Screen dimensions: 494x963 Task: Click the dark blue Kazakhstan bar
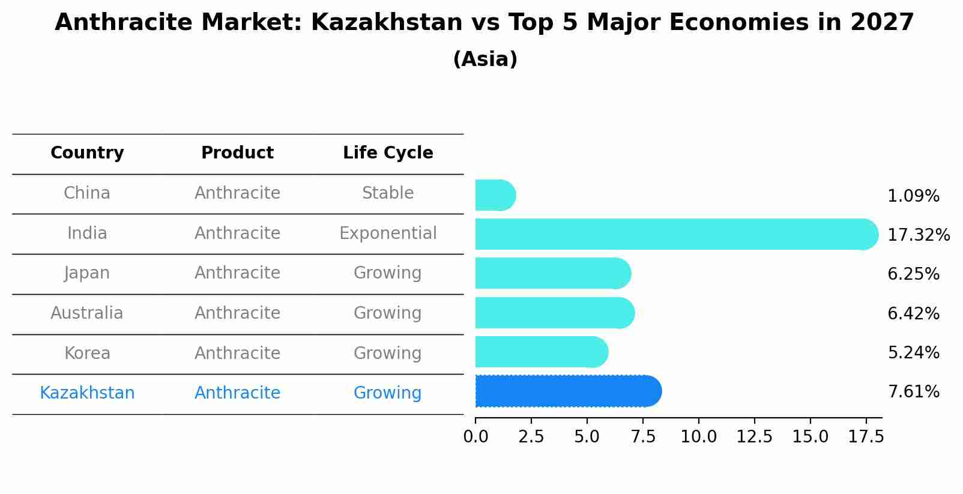(567, 391)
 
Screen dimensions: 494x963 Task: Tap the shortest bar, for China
(495, 195)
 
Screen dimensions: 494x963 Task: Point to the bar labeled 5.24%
(541, 352)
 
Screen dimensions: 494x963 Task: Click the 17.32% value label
(918, 235)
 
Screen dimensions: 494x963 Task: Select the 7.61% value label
(913, 392)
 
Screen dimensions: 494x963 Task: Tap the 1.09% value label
(913, 196)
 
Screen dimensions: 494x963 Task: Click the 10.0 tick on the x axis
(698, 437)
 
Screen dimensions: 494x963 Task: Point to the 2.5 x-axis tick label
(531, 437)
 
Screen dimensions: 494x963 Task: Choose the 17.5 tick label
(866, 437)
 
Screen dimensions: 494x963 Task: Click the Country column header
(87, 153)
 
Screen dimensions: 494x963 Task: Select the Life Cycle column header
(388, 153)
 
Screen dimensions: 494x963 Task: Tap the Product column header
(237, 153)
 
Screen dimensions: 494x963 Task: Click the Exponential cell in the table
(388, 233)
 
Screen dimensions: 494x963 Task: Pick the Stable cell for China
(388, 193)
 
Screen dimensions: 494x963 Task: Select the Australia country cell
(87, 313)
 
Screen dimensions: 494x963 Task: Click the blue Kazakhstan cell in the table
(87, 393)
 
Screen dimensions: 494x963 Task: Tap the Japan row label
(87, 273)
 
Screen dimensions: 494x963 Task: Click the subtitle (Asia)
(485, 59)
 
